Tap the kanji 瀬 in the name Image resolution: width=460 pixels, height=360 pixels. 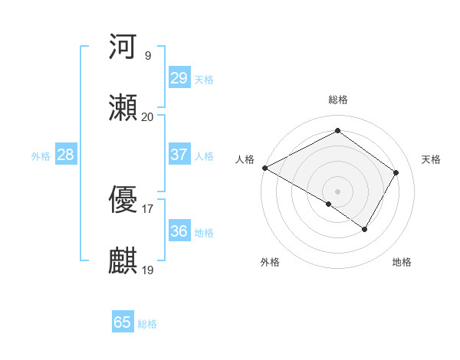point(123,108)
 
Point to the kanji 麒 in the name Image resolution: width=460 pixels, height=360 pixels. point(123,260)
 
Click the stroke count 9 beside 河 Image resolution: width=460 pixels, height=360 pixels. point(147,56)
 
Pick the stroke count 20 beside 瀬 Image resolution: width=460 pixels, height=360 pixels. point(147,117)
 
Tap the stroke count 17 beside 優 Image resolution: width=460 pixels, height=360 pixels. point(147,208)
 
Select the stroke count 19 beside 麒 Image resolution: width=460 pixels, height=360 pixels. point(147,270)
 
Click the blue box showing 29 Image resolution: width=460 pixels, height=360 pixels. point(179,78)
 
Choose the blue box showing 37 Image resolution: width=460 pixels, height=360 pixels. point(179,155)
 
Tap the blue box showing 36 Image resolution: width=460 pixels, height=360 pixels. point(179,231)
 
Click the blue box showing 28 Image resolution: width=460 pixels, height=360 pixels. point(65,155)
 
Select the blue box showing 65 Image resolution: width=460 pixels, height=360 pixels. point(123,322)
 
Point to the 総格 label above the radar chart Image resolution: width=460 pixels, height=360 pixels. point(338,100)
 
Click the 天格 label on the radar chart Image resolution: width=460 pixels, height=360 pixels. point(432,159)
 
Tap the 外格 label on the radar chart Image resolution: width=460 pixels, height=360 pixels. point(270,262)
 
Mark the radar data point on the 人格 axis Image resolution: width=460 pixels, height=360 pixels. point(264,168)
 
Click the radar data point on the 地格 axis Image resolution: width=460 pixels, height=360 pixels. point(365,229)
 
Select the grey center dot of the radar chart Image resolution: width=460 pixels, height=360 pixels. point(338,191)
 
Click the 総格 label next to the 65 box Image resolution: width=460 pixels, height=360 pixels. point(147,324)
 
